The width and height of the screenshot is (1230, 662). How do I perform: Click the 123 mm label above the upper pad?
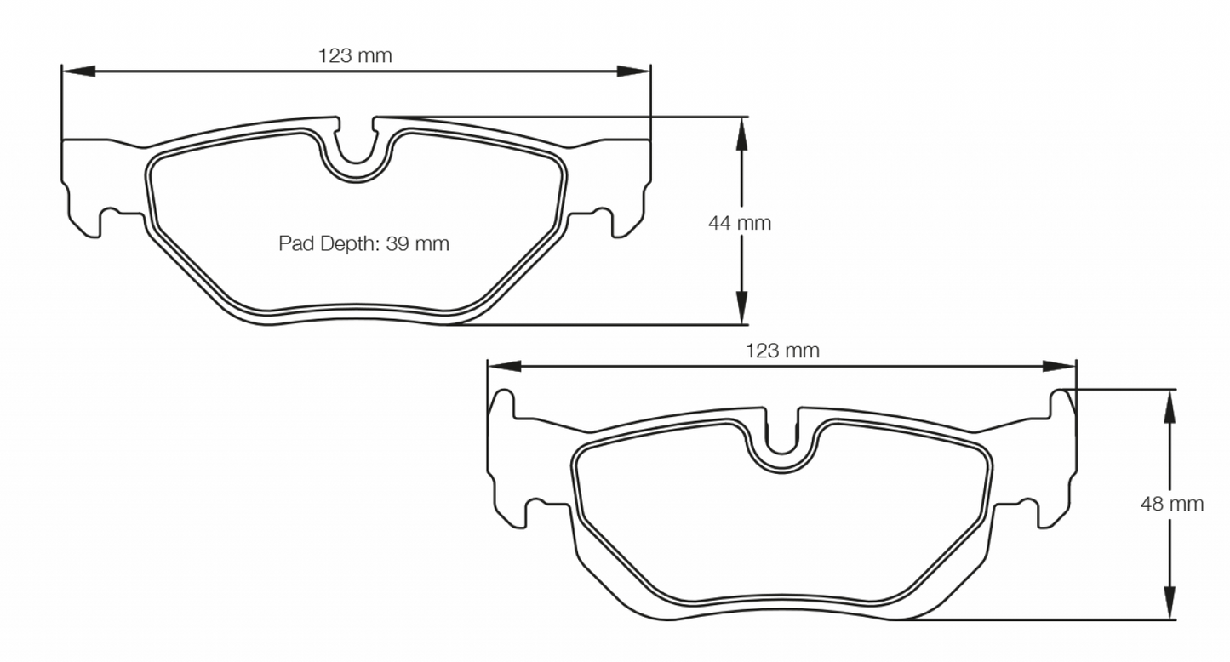(355, 56)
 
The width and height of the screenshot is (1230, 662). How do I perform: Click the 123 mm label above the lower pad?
(781, 351)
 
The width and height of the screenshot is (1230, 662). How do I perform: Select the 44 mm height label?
(739, 223)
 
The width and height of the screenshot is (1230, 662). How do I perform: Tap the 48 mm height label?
(1172, 504)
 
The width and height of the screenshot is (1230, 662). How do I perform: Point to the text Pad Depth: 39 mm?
(363, 244)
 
